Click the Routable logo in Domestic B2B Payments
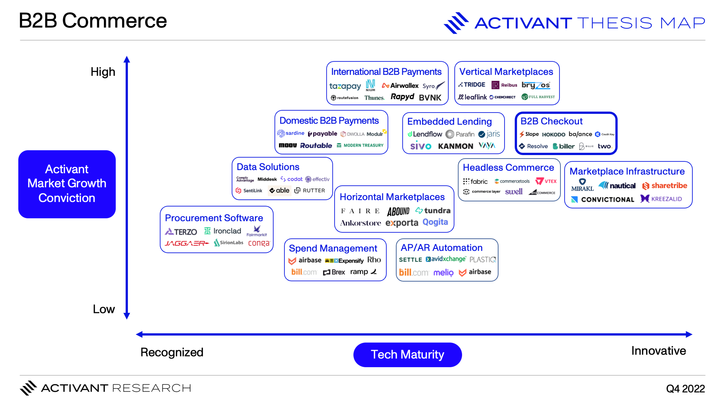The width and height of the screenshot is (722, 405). pos(316,146)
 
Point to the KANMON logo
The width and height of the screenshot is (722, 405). pos(455,146)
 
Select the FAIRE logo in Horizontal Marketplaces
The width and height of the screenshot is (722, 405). pos(360,211)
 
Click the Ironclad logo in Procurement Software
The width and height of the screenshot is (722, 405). pos(223,231)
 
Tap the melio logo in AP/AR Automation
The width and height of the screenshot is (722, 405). pos(443,272)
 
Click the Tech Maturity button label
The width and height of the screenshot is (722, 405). pos(407,355)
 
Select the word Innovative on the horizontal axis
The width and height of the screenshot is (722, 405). pos(658,351)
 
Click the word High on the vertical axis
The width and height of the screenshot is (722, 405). pos(103,72)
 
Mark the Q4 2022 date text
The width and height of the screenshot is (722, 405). pos(685,389)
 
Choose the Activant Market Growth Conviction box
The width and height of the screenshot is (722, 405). pos(67,184)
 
